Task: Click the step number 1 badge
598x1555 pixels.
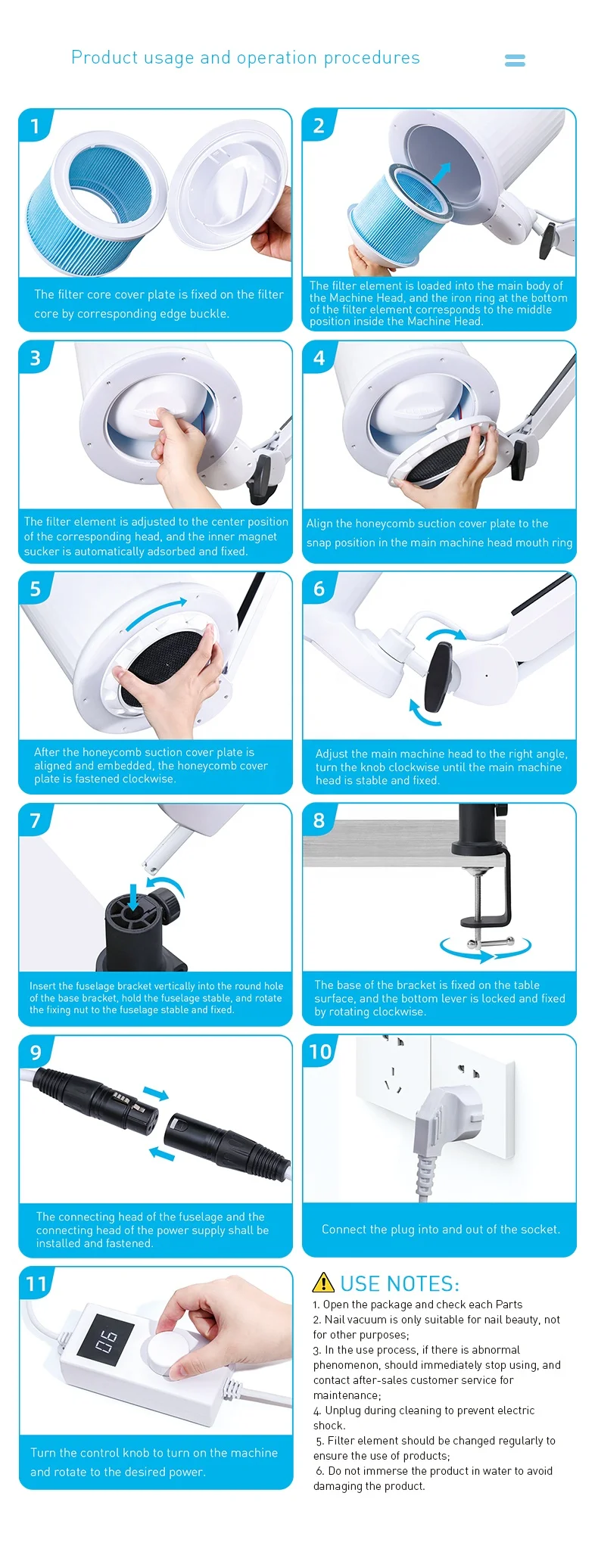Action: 35,126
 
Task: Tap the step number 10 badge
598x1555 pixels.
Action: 320,1052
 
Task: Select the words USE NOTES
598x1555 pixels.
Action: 399,1283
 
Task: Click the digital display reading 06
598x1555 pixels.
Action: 107,1343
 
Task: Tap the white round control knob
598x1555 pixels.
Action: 168,1352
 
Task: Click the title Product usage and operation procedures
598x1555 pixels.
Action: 245,58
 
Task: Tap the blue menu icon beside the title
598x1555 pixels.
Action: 515,61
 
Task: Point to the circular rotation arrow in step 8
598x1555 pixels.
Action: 485,947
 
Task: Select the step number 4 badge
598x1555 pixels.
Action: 319,357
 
